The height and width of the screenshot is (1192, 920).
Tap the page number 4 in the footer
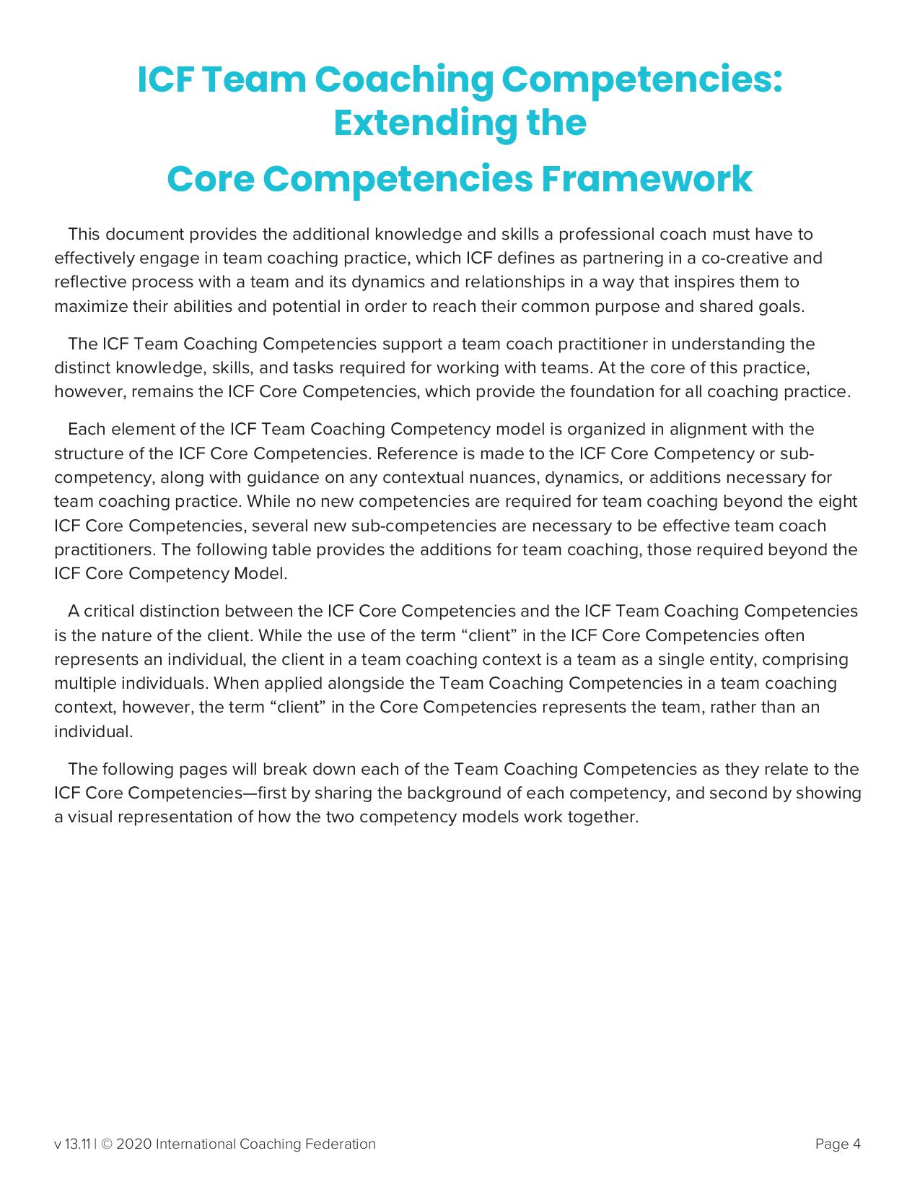click(857, 1144)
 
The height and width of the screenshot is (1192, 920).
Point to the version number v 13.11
click(72, 1144)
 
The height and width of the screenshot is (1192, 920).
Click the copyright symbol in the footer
click(107, 1144)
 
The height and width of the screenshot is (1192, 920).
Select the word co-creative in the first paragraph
click(745, 258)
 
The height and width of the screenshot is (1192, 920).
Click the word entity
click(732, 659)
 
